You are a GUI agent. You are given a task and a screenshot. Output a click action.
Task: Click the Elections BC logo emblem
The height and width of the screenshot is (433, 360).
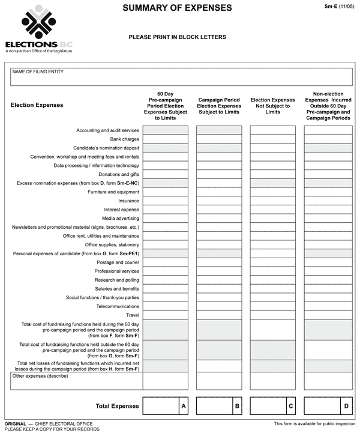click(37, 23)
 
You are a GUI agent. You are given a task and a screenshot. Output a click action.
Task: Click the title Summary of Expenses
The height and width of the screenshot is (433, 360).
click(176, 8)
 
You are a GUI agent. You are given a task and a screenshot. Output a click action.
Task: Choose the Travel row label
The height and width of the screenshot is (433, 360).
click(133, 315)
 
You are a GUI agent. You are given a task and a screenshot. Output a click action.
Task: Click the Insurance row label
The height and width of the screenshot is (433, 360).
click(128, 201)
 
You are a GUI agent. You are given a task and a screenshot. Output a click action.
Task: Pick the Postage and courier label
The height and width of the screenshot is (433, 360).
click(118, 262)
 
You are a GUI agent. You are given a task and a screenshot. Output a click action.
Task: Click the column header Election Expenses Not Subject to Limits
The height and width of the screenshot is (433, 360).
click(272, 106)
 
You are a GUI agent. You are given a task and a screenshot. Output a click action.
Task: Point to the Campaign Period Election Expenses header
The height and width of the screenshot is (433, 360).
click(219, 106)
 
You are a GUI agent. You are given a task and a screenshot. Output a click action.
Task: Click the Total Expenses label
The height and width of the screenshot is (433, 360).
click(117, 407)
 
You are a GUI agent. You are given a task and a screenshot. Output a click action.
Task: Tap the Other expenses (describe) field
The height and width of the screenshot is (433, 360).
click(76, 381)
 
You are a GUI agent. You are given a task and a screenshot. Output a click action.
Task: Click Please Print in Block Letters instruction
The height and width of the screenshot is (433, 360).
click(177, 37)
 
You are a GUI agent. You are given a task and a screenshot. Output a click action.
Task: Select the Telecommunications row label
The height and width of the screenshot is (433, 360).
click(118, 306)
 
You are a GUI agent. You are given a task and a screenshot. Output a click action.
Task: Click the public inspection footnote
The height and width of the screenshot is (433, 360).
click(314, 423)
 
